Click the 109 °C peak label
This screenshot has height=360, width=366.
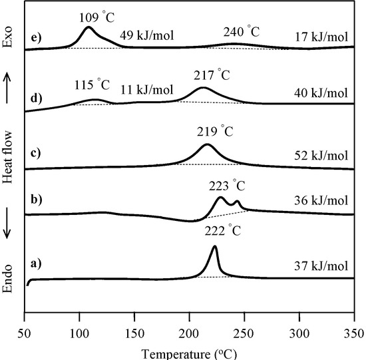(89, 13)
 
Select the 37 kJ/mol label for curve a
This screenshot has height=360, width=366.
(321, 267)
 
